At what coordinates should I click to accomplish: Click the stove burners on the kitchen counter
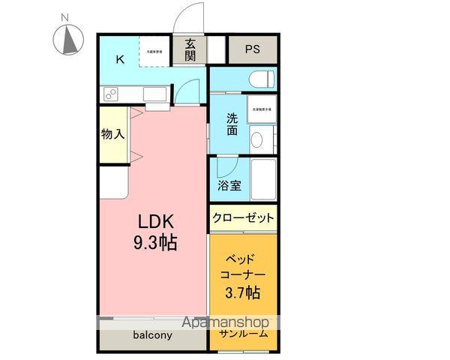coord(110,94)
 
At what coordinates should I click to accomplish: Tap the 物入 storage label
coord(112,134)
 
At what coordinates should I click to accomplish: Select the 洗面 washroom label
coord(233,124)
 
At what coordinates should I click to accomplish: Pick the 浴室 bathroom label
coord(230,184)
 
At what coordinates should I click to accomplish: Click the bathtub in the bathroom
coord(263,179)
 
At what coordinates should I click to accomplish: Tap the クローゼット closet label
coord(243,218)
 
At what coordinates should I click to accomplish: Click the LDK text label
coord(155,222)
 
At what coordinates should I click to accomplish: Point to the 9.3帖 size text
coord(155,244)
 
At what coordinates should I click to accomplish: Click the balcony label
coord(153,335)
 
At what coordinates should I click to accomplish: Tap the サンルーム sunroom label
coord(243,334)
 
